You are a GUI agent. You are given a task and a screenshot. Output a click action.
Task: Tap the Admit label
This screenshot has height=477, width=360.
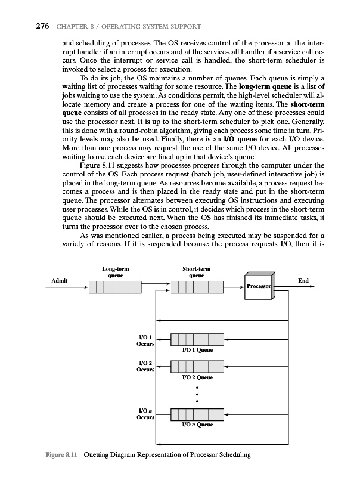coord(59,280)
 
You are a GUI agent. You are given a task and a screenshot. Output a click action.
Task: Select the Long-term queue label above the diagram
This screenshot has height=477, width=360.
coord(115,272)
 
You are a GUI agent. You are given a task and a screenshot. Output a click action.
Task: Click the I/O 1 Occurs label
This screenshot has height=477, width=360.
coord(146,341)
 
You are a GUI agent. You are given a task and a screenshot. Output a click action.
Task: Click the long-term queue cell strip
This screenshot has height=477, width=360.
coord(115,288)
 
